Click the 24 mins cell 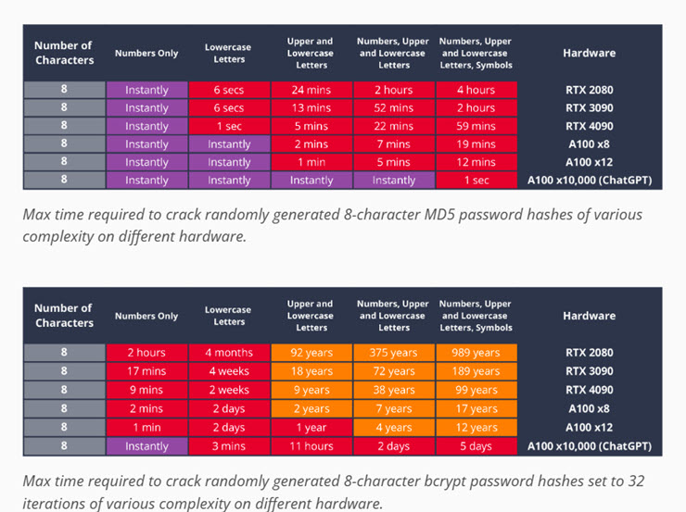point(311,90)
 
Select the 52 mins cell point(394,108)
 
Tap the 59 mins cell point(476,126)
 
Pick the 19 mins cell point(476,144)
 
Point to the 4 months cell point(229,353)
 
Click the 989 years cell point(476,353)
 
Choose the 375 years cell point(394,353)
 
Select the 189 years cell point(476,371)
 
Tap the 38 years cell point(394,390)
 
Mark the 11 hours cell point(311,446)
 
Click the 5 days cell point(476,446)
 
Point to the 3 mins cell point(229,446)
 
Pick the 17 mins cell point(146,371)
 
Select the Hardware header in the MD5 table point(589,54)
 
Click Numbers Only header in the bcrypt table point(146,316)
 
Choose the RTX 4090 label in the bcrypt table point(589,390)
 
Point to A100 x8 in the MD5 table point(589,144)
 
